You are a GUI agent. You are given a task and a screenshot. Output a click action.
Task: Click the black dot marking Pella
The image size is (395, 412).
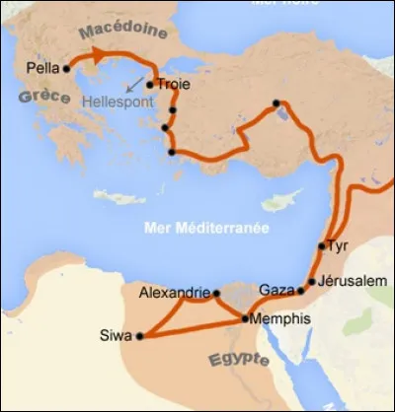pos(67,68)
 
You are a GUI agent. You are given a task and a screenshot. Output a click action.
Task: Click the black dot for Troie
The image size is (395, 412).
pos(149,84)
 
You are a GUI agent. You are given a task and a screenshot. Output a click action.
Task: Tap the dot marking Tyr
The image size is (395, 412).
pos(322,245)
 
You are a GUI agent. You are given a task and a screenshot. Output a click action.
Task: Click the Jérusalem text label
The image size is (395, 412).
pos(352,282)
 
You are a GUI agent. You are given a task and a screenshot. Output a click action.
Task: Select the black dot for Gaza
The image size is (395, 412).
pos(300,292)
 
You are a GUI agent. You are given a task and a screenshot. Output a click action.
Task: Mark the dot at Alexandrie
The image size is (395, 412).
pos(216,293)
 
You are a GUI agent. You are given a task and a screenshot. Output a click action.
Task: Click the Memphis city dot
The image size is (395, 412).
pos(244,319)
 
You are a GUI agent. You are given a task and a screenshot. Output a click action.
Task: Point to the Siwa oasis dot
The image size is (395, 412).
pos(139,336)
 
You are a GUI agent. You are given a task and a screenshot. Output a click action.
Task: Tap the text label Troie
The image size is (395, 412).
pos(172,84)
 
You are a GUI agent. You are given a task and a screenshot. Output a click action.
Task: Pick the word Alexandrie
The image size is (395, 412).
pos(175,293)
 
